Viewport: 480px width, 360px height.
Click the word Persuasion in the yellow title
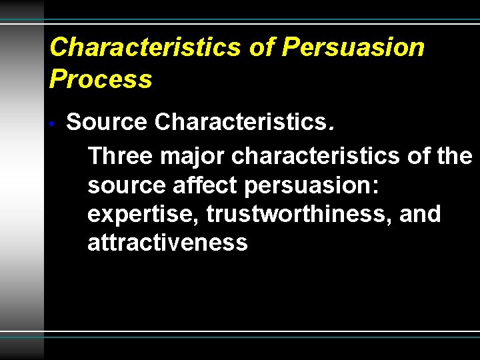353,48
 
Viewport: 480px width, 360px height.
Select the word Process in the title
101,80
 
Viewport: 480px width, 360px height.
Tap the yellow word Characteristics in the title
144,48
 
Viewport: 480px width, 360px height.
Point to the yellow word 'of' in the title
261,48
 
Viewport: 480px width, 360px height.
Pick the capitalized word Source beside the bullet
107,123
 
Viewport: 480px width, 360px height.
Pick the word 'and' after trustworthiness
421,215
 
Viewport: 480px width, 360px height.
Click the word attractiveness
167,243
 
